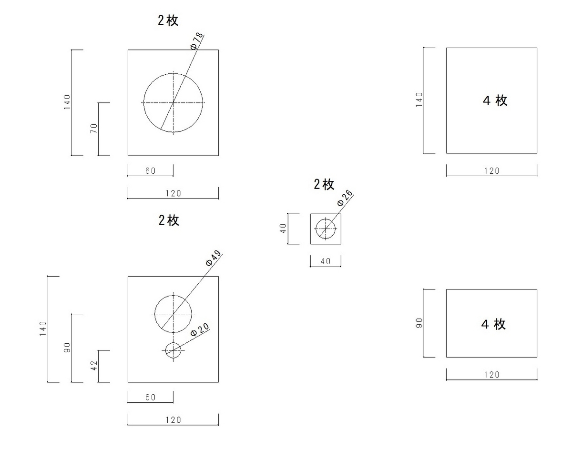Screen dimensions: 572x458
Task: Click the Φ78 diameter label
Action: coord(197,41)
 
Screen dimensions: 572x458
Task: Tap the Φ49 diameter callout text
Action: coord(214,258)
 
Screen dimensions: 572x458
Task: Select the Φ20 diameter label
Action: coord(200,329)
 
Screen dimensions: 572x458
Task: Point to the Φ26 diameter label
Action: coord(345,198)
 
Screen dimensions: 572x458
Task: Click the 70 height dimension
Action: coord(94,129)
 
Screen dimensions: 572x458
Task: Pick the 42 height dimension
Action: coord(94,366)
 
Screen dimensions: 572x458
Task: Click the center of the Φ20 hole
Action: coord(174,350)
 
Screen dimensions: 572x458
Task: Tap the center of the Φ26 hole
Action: coord(326,229)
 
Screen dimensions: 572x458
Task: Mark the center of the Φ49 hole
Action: coord(174,314)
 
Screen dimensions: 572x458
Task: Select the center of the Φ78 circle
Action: coord(174,102)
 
